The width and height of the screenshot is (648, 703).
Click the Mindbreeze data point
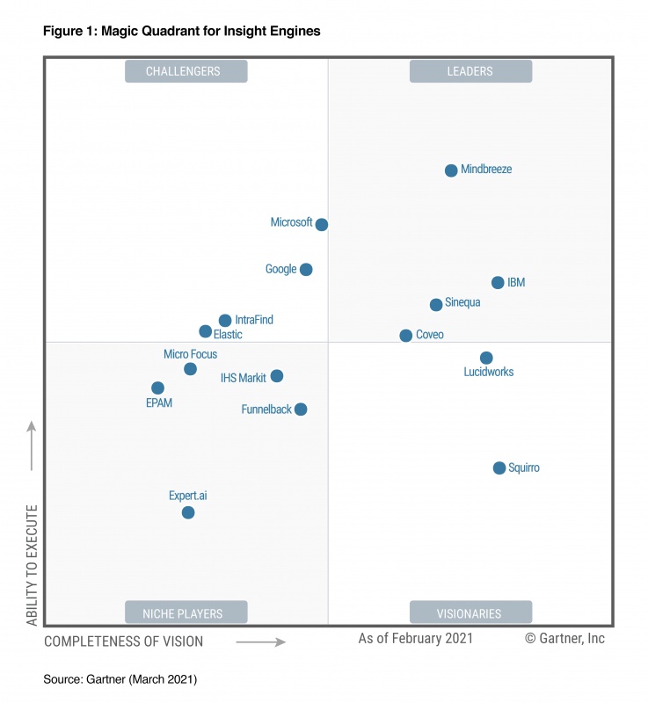(451, 170)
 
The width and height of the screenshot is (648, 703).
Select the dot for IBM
(498, 283)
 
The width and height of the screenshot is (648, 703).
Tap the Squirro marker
(499, 468)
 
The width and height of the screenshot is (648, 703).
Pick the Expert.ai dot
(188, 512)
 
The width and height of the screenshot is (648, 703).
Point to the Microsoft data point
(322, 225)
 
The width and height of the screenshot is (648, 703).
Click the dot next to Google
(306, 270)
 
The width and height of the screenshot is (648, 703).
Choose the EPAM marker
(157, 388)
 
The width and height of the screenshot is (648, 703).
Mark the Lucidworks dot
(486, 358)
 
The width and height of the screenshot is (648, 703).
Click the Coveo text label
(429, 336)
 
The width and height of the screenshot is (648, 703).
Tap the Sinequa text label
(462, 303)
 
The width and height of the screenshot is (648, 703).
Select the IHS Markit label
(244, 379)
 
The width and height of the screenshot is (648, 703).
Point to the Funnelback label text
(266, 409)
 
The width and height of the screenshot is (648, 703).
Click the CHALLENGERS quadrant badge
(186, 71)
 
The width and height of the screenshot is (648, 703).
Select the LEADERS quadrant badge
(470, 71)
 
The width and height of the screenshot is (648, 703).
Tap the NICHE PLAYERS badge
(186, 613)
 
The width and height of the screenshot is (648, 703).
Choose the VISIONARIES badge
(470, 613)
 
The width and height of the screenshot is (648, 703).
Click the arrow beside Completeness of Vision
(261, 642)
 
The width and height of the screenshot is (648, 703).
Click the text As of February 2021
(415, 639)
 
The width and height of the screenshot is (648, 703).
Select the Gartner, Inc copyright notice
(564, 639)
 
